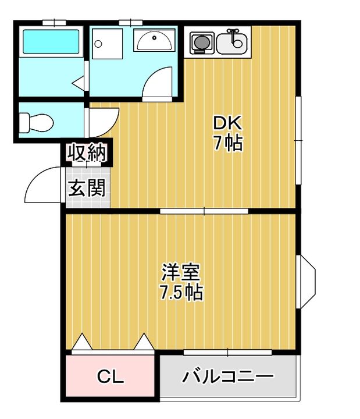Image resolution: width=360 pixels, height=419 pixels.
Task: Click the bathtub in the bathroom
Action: coord(50,42)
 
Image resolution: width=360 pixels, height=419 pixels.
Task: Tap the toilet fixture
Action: coord(36,122)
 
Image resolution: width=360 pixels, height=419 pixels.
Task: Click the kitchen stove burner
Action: coord(201,42)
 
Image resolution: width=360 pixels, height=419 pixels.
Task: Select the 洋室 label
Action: coord(181,272)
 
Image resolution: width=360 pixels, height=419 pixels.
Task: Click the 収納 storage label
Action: coord(88,153)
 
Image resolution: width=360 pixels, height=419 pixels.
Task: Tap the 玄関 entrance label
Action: coord(88,187)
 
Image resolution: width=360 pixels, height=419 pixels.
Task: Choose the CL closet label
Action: coord(110,377)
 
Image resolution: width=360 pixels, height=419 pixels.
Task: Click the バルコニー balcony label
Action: coord(227,377)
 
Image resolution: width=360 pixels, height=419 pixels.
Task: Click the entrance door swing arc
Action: coord(42,185)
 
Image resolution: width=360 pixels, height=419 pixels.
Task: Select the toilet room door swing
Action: coord(103,122)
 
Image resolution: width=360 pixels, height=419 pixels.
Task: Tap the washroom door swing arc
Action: coord(159,83)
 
